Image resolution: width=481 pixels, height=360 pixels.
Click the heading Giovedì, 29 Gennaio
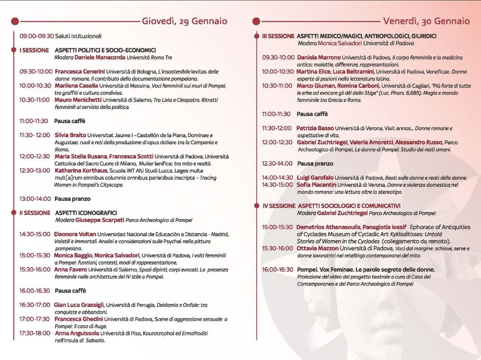(184, 21)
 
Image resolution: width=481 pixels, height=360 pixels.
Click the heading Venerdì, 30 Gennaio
(426, 21)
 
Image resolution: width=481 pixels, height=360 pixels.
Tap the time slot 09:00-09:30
(37, 36)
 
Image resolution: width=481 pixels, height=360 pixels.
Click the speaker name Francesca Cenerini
(80, 71)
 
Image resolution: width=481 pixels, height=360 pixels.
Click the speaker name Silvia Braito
(70, 135)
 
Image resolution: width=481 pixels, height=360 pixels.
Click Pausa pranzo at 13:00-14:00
(72, 199)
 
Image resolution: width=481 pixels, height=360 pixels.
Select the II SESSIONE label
(35, 213)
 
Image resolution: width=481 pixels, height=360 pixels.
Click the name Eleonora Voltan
(75, 234)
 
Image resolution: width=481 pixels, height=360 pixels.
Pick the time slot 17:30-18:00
(34, 333)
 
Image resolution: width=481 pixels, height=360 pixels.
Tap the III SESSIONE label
(278, 36)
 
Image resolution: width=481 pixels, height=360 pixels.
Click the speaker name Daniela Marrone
(318, 57)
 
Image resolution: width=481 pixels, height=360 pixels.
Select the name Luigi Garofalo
(315, 178)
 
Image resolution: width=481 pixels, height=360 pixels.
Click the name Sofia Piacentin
(316, 185)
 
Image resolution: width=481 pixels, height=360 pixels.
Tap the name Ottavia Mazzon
(318, 249)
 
